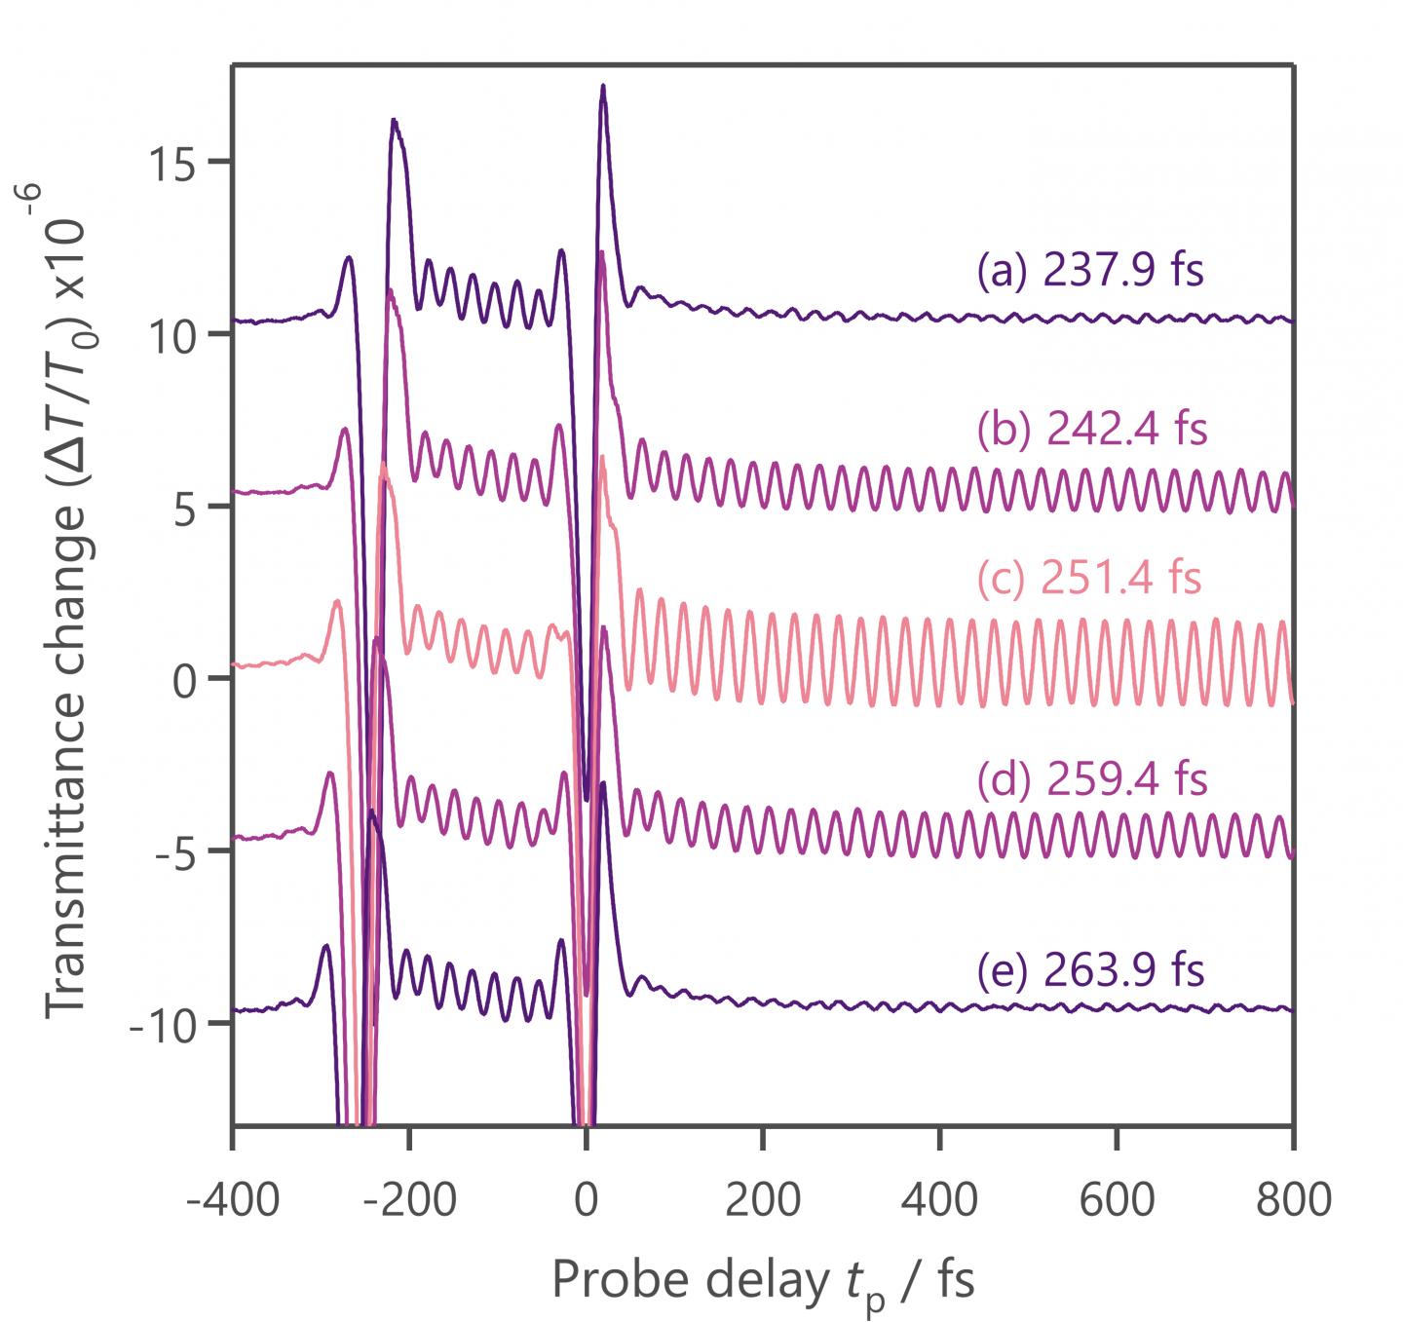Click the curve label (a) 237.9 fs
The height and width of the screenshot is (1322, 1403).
click(x=1090, y=272)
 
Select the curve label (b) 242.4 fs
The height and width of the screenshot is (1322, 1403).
click(x=1091, y=429)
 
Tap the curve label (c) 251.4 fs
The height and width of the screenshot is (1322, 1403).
click(x=1088, y=579)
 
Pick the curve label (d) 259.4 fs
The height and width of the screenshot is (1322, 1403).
click(x=1091, y=779)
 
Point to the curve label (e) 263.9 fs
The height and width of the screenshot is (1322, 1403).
click(x=1090, y=970)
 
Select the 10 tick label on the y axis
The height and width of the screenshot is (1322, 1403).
click(x=172, y=334)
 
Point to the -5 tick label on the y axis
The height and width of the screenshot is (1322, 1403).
click(x=178, y=851)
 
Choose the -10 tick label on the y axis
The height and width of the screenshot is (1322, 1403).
click(x=166, y=1024)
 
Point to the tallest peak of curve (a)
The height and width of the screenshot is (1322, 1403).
click(x=603, y=88)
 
